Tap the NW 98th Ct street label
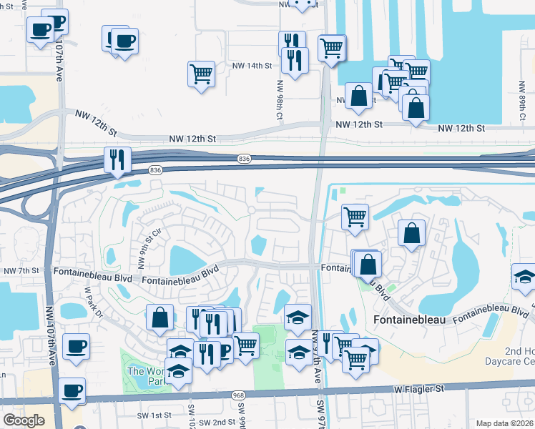click(x=280, y=99)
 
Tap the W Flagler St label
click(x=420, y=389)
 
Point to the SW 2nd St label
click(x=215, y=422)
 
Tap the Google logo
click(x=23, y=420)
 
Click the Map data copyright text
click(x=505, y=423)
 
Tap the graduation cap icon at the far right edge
click(x=524, y=277)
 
